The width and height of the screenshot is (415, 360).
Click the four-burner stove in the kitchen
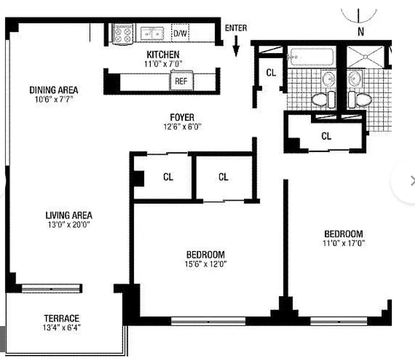pyautogui.click(x=123, y=34)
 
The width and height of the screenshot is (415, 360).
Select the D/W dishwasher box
pyautogui.click(x=180, y=33)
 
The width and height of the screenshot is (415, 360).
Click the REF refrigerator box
pyautogui.click(x=181, y=82)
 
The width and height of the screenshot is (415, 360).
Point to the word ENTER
pyautogui.click(x=236, y=28)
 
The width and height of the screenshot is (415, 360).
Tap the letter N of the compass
pyautogui.click(x=361, y=31)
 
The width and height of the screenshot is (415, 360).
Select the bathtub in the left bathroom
pyautogui.click(x=312, y=57)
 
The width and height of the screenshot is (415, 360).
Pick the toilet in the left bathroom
pyautogui.click(x=323, y=99)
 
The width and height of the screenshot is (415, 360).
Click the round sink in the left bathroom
pyautogui.click(x=329, y=80)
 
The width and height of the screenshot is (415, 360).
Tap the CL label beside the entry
pyautogui.click(x=271, y=72)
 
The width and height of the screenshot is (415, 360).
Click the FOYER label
pyautogui.click(x=182, y=118)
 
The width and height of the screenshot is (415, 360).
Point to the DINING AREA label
pyautogui.click(x=54, y=90)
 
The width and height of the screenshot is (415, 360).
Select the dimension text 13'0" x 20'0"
pyautogui.click(x=68, y=225)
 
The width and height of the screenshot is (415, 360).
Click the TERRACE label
pyautogui.click(x=62, y=318)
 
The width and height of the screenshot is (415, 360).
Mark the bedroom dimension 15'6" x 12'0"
pyautogui.click(x=206, y=264)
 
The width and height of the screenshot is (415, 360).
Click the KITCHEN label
pyautogui.click(x=163, y=54)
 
